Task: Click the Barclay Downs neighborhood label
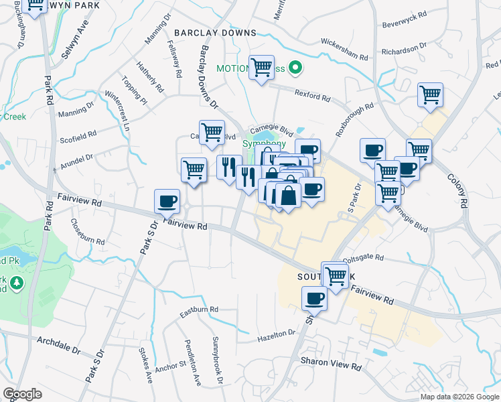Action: pyautogui.click(x=215, y=32)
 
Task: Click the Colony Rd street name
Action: pyautogui.click(x=457, y=194)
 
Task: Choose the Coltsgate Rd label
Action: pyautogui.click(x=363, y=257)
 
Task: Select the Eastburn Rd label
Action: pyautogui.click(x=200, y=310)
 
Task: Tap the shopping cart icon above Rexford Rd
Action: pyautogui.click(x=261, y=68)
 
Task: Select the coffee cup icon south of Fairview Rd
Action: pyautogui.click(x=314, y=299)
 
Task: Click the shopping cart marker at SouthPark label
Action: pyautogui.click(x=335, y=275)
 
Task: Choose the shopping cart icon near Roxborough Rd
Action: pyautogui.click(x=430, y=94)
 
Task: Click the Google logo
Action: pyautogui.click(x=22, y=394)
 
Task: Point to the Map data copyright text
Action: pyautogui.click(x=459, y=397)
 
